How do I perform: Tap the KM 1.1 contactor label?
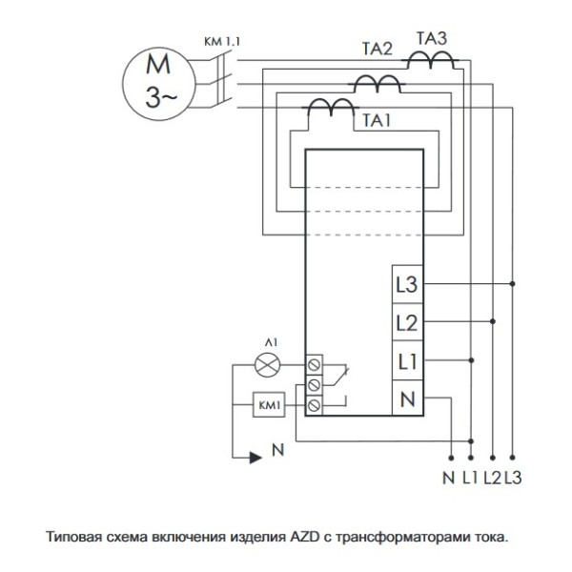tap(221, 42)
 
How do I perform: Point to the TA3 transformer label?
tap(434, 39)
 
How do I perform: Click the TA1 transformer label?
tap(376, 121)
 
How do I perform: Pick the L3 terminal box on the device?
tap(406, 284)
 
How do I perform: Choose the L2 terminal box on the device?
tap(406, 322)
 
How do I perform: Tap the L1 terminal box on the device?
tap(406, 360)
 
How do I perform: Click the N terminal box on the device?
tap(406, 399)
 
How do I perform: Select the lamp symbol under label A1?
tap(269, 364)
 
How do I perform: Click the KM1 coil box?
tap(269, 406)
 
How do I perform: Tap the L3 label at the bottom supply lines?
tap(513, 476)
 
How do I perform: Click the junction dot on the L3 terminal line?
tap(513, 284)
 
